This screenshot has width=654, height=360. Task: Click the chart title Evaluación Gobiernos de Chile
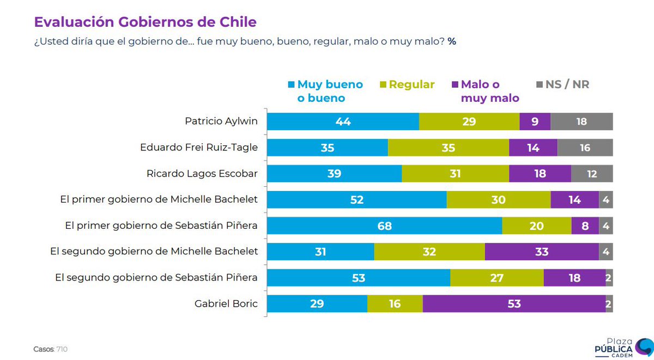[145, 22]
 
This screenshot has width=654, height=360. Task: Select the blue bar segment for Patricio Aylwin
[343, 121]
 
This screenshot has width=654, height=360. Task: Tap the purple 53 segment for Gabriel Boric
[514, 303]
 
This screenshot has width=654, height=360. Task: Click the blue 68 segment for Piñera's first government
[384, 225]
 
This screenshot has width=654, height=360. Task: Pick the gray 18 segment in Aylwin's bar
[582, 121]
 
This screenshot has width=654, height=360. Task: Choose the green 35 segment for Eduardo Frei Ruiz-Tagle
[448, 148]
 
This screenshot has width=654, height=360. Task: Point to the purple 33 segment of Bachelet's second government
[541, 252]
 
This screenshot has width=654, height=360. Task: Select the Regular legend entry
[411, 84]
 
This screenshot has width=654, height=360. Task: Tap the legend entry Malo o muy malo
[485, 91]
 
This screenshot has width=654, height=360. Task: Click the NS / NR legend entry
[564, 84]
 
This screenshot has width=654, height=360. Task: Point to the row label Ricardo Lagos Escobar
[202, 174]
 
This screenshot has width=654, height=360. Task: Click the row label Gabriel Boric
[226, 303]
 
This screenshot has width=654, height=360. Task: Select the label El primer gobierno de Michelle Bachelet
[159, 199]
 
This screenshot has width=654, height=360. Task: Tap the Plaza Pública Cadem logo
[622, 347]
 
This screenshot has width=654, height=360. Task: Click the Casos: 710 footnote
[51, 349]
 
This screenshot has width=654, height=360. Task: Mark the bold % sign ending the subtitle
[452, 41]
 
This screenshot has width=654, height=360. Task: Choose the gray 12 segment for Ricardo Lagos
[592, 174]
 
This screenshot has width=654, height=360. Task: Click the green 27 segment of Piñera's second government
[496, 277]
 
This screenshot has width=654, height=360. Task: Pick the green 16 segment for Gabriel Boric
[395, 303]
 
